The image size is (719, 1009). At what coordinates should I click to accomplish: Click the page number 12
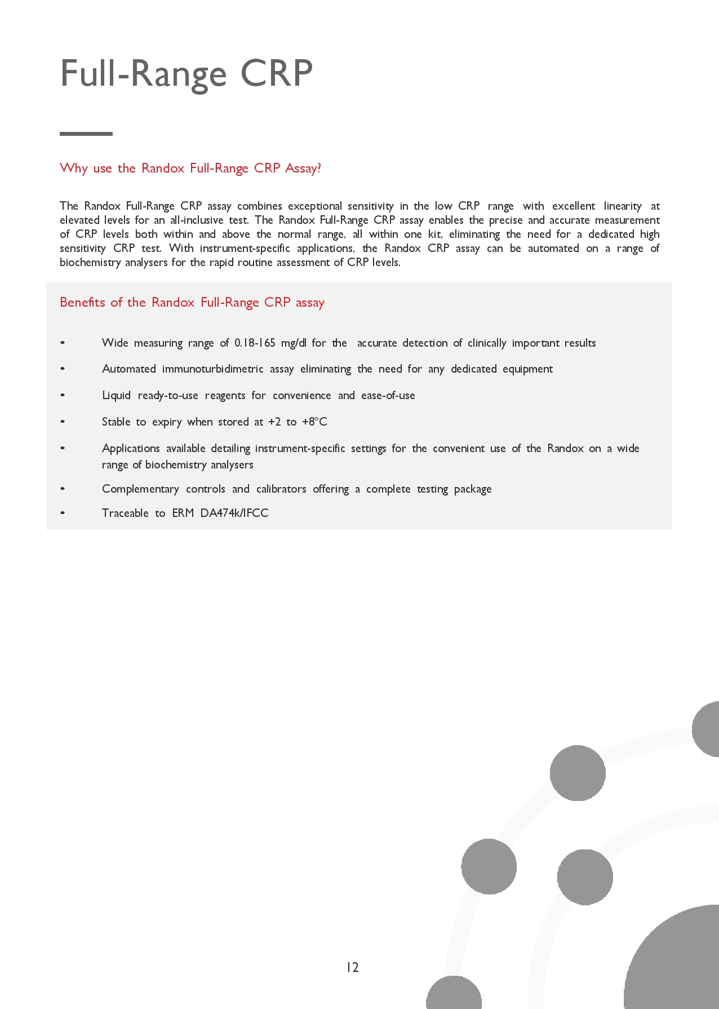tap(352, 967)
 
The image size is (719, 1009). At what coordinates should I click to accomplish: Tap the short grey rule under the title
tap(86, 134)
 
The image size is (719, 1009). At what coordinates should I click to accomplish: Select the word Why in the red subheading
tap(73, 168)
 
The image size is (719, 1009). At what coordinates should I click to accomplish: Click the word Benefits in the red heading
tap(82, 302)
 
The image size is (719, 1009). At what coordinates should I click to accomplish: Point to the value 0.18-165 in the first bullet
tap(255, 343)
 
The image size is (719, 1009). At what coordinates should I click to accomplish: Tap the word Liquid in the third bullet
tap(116, 395)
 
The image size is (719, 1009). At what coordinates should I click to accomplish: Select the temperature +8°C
tap(314, 422)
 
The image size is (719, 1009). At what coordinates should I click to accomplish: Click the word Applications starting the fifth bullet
tap(131, 448)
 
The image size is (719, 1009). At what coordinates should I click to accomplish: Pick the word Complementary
tap(140, 489)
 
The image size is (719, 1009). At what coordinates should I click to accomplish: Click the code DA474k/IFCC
tap(234, 513)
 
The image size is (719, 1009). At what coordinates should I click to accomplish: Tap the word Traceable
tap(125, 513)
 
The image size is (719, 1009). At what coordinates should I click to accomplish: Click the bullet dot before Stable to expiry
tap(63, 422)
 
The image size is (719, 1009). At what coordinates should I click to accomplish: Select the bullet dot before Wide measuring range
tap(63, 343)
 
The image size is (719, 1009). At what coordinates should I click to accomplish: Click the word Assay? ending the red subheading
tap(303, 168)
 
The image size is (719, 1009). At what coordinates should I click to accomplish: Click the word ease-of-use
tap(388, 395)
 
